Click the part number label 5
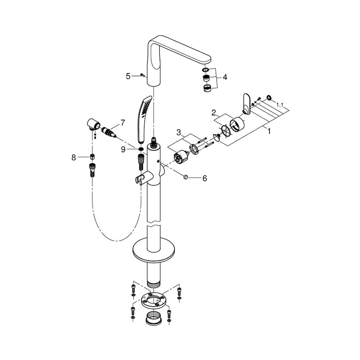128,76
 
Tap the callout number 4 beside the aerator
225,77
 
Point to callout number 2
214,113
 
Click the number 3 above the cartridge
179,132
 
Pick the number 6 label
204,178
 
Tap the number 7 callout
123,123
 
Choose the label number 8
74,158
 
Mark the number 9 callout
123,150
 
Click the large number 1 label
269,131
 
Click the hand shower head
144,120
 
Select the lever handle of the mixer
247,104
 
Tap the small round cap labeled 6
186,177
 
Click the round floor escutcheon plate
154,251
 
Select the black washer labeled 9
141,149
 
